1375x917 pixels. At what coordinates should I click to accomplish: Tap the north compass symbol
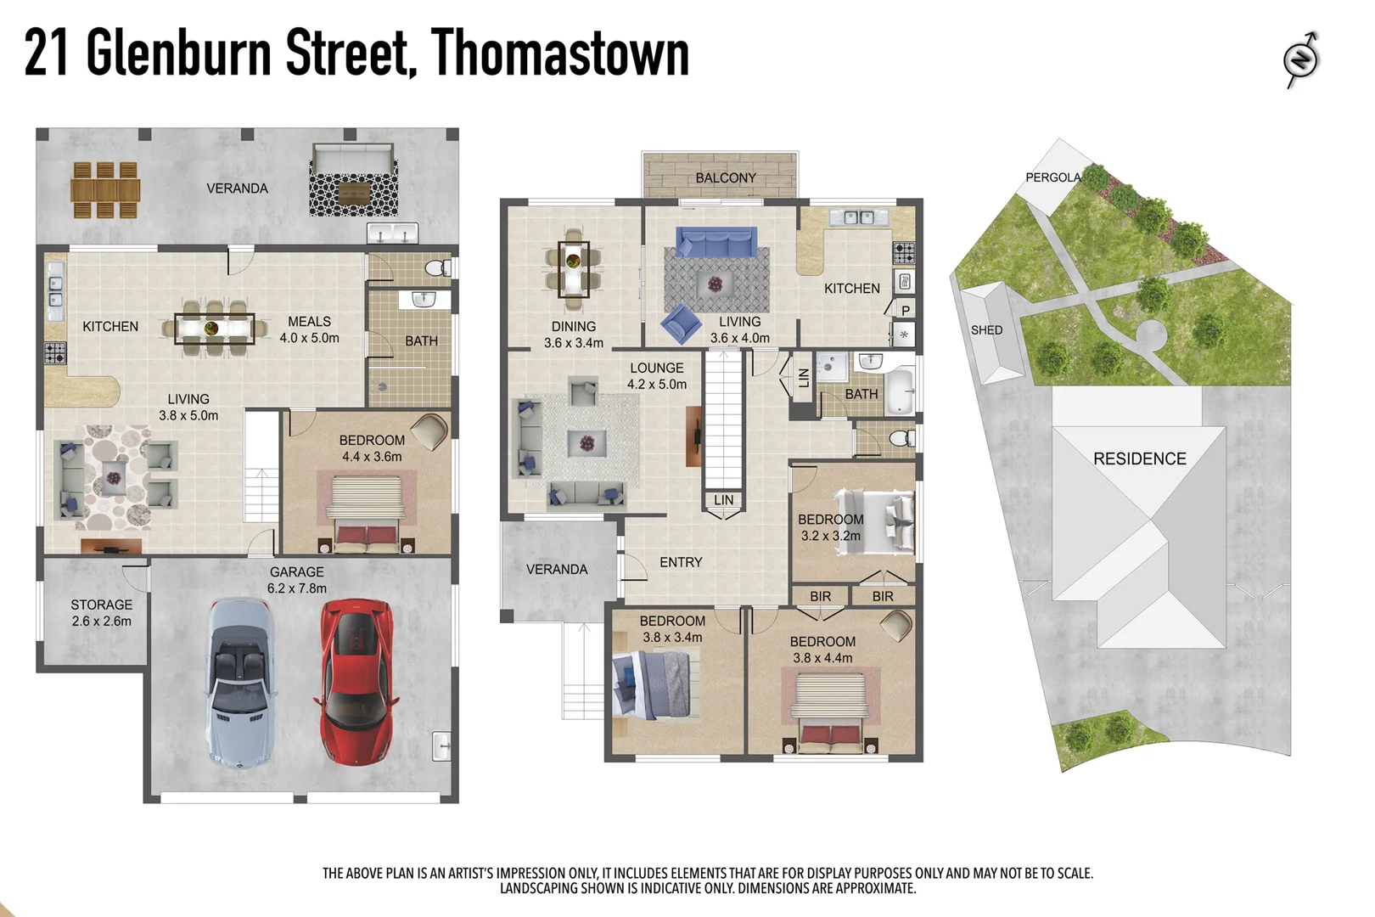pyautogui.click(x=1301, y=59)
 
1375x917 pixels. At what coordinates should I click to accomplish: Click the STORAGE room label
pyautogui.click(x=102, y=605)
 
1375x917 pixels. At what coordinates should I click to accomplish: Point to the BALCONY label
pyautogui.click(x=726, y=177)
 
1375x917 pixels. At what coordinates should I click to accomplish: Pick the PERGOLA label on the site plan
pyautogui.click(x=1052, y=177)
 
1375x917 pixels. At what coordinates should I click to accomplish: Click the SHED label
pyautogui.click(x=986, y=330)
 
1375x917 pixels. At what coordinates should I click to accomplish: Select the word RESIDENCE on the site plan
pyautogui.click(x=1139, y=459)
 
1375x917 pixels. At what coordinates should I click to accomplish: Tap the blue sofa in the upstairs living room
pyautogui.click(x=716, y=242)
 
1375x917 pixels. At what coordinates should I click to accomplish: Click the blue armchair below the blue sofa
pyautogui.click(x=682, y=323)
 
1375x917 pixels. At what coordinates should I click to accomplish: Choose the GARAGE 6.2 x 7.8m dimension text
pyautogui.click(x=297, y=588)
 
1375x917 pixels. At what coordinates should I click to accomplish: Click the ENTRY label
pyautogui.click(x=681, y=562)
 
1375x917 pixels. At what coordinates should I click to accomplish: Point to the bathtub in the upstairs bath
pyautogui.click(x=900, y=391)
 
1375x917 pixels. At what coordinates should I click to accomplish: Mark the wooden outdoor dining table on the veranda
pyautogui.click(x=105, y=190)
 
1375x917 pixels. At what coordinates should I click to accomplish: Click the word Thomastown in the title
pyautogui.click(x=560, y=53)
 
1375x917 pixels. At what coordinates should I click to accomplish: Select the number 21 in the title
pyautogui.click(x=46, y=53)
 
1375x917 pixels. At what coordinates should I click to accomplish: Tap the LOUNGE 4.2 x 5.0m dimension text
pyautogui.click(x=657, y=384)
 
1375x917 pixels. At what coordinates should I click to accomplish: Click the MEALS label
pyautogui.click(x=309, y=322)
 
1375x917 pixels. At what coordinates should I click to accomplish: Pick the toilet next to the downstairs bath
pyautogui.click(x=438, y=269)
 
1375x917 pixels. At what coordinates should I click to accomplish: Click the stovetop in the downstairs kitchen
pyautogui.click(x=55, y=352)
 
